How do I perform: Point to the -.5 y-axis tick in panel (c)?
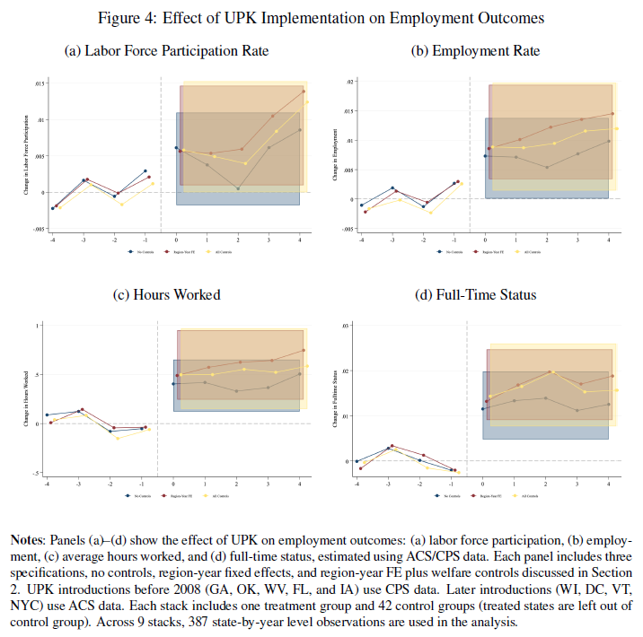pos(38,472)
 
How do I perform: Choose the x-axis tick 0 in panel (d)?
pos(483,484)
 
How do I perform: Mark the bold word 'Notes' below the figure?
pos(26,541)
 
